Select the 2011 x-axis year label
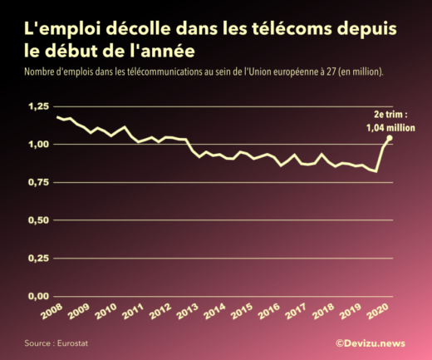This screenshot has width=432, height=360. (x=133, y=313)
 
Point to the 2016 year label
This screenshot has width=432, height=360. (x=268, y=313)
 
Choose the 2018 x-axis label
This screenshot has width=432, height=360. (x=323, y=313)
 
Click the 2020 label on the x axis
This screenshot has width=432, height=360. (x=379, y=313)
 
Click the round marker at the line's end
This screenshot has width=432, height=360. (x=390, y=139)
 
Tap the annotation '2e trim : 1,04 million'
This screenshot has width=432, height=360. (x=390, y=121)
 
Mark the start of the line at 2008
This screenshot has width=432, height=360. (x=56, y=117)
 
